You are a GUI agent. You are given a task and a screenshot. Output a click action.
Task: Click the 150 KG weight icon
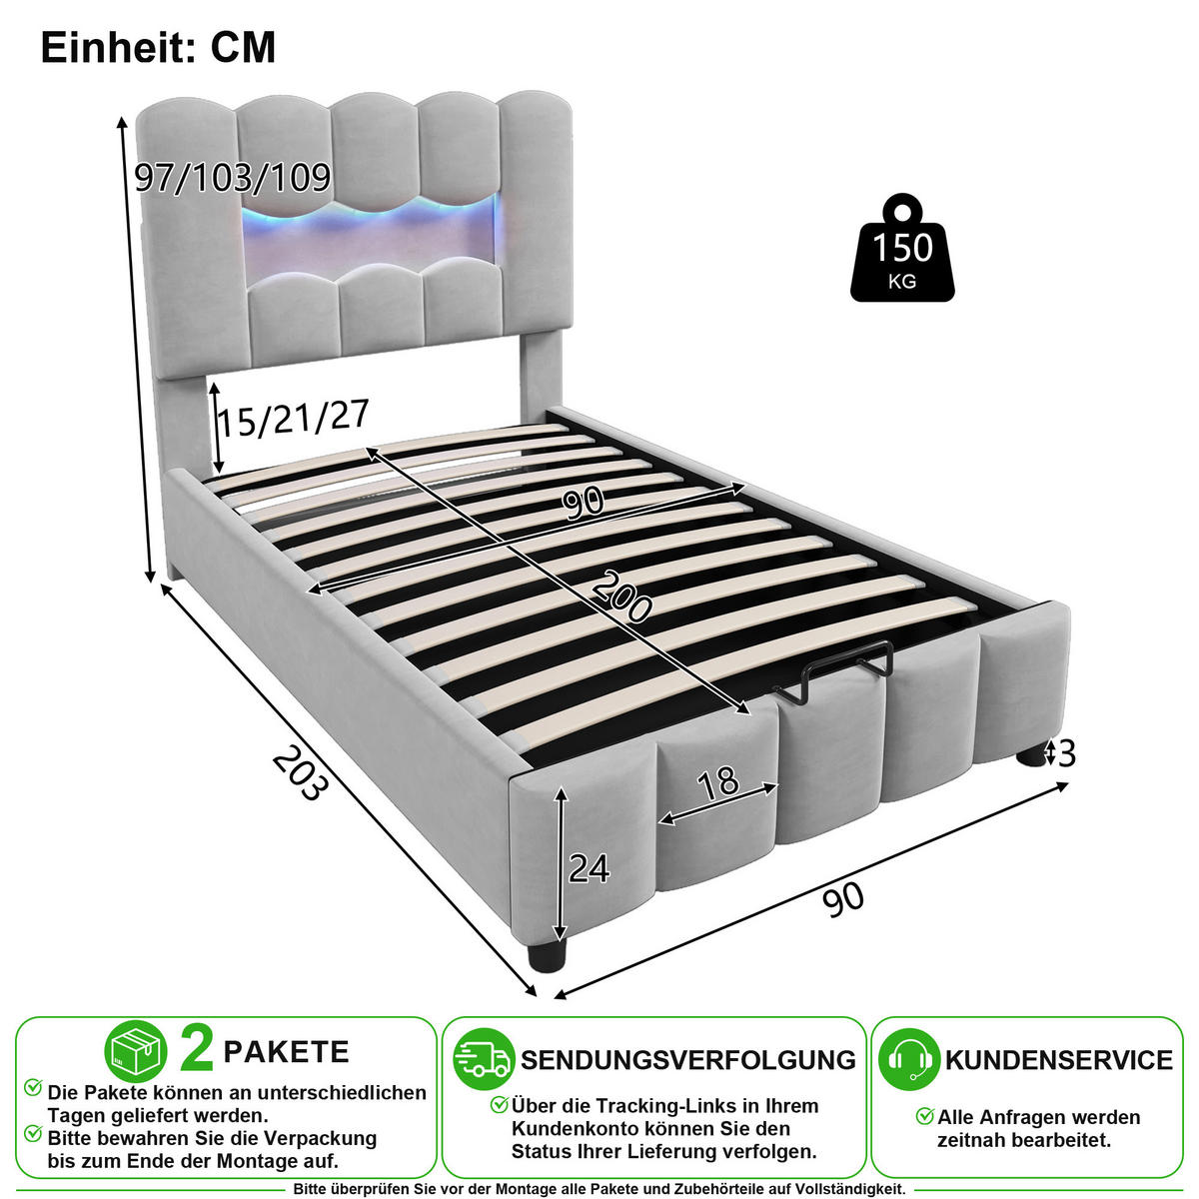pos(901,248)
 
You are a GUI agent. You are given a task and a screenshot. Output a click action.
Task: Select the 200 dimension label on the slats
pos(620,598)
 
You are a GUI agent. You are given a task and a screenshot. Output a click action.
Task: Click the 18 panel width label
pos(718,784)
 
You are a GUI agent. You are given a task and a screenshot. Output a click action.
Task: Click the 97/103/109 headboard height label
pos(234,177)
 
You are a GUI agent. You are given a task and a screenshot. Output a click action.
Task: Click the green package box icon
pos(136,1051)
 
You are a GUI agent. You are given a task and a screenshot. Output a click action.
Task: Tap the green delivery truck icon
pos(484,1060)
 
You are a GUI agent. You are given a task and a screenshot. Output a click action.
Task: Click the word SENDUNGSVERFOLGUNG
pos(688,1060)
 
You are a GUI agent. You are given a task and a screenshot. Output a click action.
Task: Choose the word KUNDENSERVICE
pos(1059,1060)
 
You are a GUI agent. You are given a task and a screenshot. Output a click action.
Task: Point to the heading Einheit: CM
pos(158,47)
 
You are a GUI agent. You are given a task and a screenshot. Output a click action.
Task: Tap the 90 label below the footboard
pos(843,899)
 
